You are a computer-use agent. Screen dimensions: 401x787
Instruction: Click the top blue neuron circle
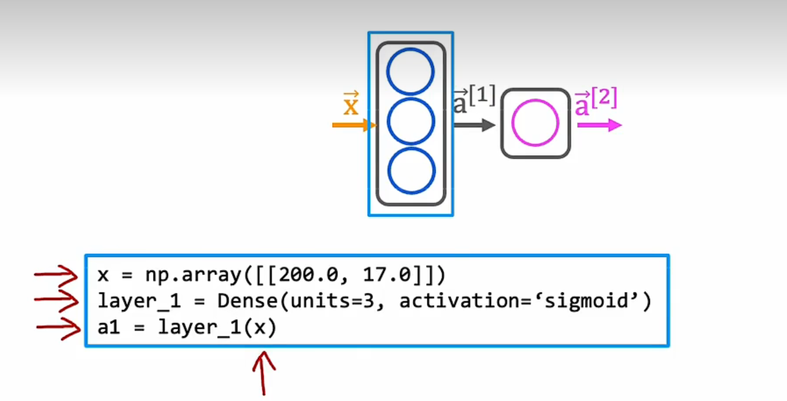coord(411,71)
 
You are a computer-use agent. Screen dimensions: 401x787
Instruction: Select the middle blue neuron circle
coord(411,122)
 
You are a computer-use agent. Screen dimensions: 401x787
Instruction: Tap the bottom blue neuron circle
coord(411,171)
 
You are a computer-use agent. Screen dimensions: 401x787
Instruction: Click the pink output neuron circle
coord(535,123)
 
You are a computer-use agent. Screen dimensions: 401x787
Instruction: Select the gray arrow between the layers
coord(475,125)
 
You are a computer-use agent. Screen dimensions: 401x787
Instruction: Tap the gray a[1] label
coord(475,100)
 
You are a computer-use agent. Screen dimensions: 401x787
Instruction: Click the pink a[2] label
coord(596,102)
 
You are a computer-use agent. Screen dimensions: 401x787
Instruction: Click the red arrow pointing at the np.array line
coord(56,274)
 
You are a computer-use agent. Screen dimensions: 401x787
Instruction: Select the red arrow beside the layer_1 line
coord(56,300)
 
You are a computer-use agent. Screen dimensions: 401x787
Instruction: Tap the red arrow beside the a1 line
coord(59,328)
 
